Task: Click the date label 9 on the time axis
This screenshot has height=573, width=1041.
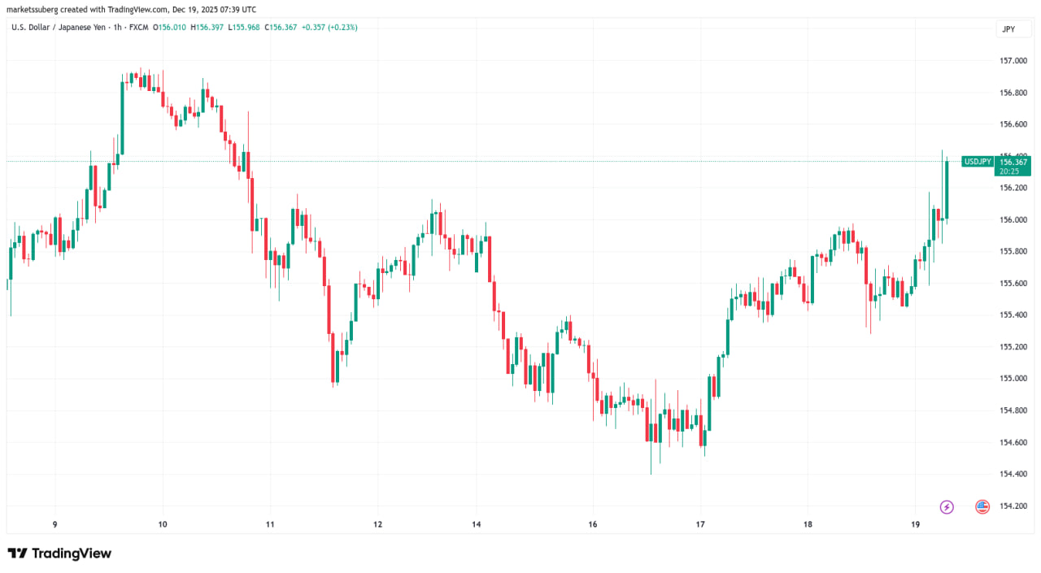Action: coord(54,523)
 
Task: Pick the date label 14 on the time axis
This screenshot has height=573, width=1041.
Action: coord(477,523)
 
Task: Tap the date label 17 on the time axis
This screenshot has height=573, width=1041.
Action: coord(700,523)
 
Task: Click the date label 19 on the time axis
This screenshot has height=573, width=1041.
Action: coord(915,523)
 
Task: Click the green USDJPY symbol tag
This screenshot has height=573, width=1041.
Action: coord(977,162)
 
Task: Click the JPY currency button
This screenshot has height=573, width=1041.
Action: coord(1008,29)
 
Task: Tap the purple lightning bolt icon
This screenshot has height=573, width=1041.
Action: coord(947,506)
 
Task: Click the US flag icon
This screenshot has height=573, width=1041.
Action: coord(982,506)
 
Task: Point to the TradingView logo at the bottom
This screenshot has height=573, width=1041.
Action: coord(59,553)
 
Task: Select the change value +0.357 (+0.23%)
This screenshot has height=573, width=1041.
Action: coord(329,28)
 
